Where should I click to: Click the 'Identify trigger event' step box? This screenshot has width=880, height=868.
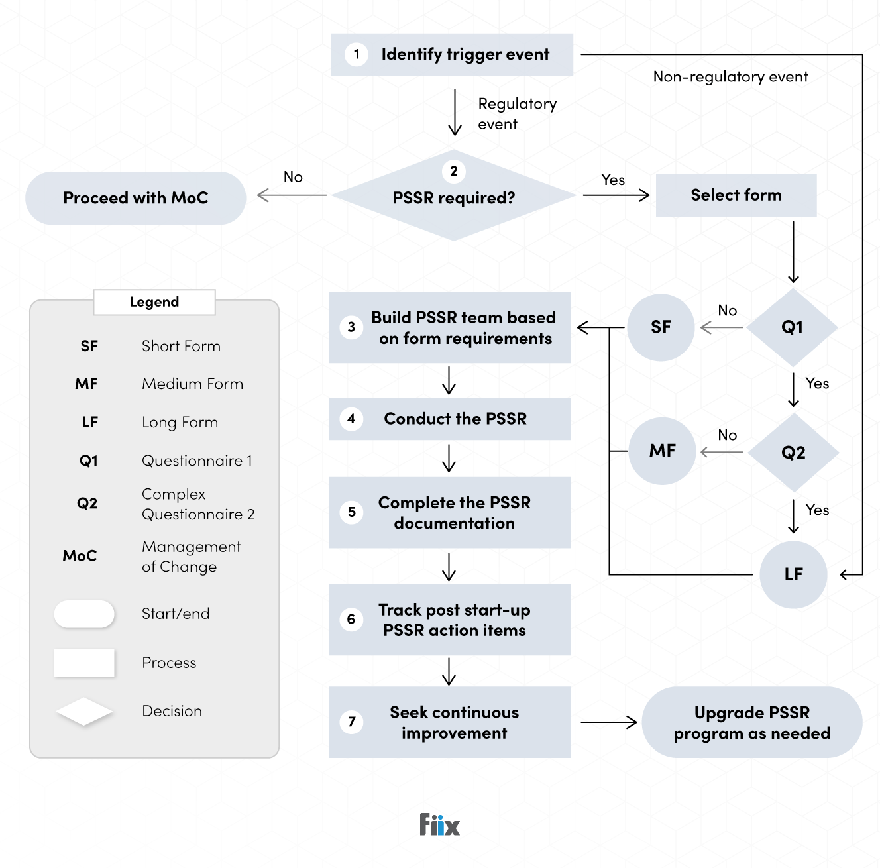452,54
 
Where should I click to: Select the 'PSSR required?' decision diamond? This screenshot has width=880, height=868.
453,196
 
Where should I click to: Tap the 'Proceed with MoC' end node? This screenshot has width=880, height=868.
136,198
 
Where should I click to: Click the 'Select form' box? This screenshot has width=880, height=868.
736,195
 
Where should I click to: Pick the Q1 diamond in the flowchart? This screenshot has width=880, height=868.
792,327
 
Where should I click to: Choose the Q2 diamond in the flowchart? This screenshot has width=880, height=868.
793,453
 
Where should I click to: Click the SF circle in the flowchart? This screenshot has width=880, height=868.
661,327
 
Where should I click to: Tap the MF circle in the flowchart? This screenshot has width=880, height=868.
662,451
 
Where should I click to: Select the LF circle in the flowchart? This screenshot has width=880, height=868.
793,574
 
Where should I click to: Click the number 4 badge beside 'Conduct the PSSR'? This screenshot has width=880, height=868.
351,419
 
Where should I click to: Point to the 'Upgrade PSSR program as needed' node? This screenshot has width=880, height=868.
751,723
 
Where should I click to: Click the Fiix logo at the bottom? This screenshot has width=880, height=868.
439,825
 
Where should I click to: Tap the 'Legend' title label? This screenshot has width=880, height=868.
154,302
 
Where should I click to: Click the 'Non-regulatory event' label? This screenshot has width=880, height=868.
730,77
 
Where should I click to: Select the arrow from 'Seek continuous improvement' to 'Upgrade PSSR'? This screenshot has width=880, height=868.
608,722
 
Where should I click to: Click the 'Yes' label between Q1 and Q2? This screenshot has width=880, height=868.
817,384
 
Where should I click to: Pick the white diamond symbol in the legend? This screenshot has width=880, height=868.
84,712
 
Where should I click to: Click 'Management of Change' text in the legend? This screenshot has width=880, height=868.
191,557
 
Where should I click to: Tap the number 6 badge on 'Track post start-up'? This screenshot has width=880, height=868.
351,620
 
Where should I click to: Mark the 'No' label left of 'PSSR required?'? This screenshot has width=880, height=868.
293,177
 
